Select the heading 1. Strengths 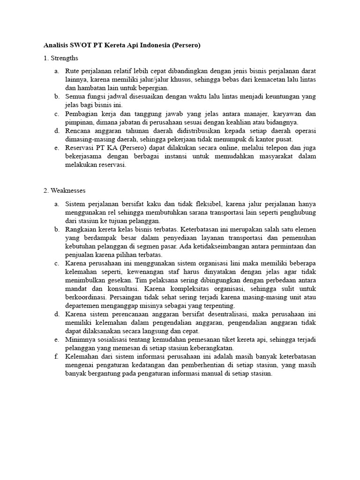[x=61, y=58]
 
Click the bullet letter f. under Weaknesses [x=56, y=357]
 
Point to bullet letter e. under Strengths [x=56, y=148]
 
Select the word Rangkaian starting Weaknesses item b [x=81, y=229]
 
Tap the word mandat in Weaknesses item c [x=75, y=289]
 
